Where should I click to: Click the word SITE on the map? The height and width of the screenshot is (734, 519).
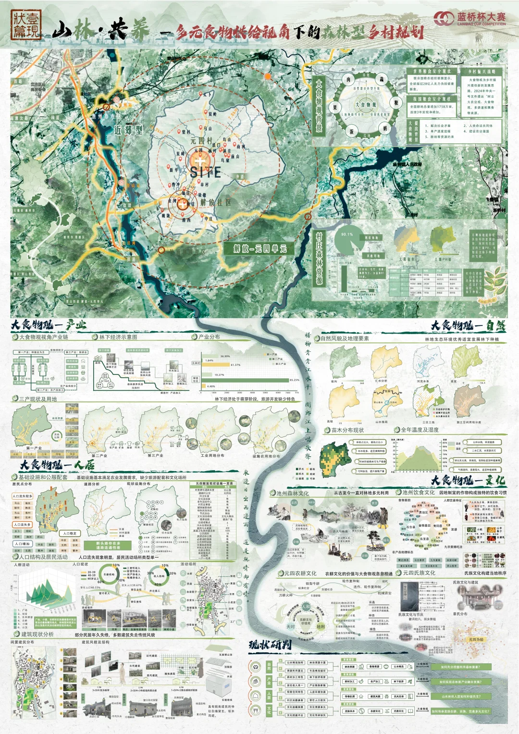point(206,172)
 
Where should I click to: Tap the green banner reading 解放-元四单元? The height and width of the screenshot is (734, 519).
point(260,249)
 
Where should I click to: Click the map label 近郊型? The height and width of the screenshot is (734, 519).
point(128,130)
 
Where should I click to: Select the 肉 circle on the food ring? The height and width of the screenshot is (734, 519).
point(348,80)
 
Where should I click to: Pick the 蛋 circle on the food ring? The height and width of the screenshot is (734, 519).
point(351,131)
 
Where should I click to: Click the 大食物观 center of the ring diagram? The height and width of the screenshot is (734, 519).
point(366,105)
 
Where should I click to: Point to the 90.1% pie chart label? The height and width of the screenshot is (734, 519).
point(347,235)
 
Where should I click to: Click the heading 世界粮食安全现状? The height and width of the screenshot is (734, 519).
point(432,71)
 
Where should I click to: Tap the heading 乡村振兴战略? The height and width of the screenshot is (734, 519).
point(482,72)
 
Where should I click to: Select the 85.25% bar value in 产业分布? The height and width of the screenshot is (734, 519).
point(294,380)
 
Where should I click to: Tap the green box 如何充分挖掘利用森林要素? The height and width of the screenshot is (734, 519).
point(460,667)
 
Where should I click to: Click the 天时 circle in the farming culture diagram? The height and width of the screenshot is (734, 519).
point(291,627)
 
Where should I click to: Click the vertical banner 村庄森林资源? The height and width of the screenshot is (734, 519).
point(319,258)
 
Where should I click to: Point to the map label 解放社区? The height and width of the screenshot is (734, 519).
point(216,202)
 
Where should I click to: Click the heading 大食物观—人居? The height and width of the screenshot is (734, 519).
point(57,465)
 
